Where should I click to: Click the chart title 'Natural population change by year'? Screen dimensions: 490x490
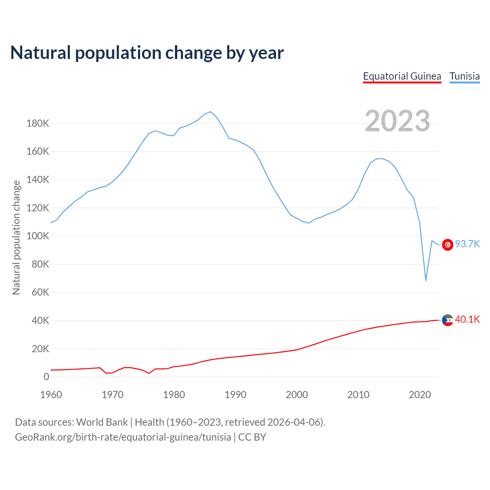click(147, 53)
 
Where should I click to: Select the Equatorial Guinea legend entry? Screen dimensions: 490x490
click(402, 76)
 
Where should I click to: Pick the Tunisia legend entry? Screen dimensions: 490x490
click(464, 76)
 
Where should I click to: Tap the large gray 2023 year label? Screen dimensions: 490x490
click(397, 121)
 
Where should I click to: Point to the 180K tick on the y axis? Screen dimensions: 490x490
click(38, 124)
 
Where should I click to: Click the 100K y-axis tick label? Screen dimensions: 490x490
click(38, 236)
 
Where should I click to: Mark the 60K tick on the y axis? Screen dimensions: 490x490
click(39, 292)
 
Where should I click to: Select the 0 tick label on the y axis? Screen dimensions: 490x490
click(46, 377)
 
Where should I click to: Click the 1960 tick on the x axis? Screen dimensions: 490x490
click(51, 395)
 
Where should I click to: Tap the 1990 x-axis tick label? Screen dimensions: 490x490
click(235, 395)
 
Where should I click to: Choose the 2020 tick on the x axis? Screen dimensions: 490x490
click(420, 395)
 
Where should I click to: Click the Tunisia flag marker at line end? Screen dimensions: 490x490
click(448, 244)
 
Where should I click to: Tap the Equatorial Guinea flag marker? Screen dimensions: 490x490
click(448, 320)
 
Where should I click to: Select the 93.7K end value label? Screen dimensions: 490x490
click(467, 244)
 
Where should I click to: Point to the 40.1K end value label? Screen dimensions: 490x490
click(467, 320)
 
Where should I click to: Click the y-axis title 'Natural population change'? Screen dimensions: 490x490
click(16, 237)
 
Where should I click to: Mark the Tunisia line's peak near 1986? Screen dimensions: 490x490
click(211, 112)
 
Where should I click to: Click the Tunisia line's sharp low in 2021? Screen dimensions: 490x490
click(426, 280)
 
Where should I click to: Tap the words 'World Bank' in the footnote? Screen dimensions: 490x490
click(102, 422)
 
